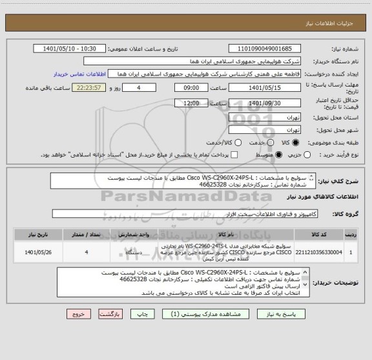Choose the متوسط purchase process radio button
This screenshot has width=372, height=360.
pos(279,154)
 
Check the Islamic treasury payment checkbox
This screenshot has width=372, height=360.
pos(234,154)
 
